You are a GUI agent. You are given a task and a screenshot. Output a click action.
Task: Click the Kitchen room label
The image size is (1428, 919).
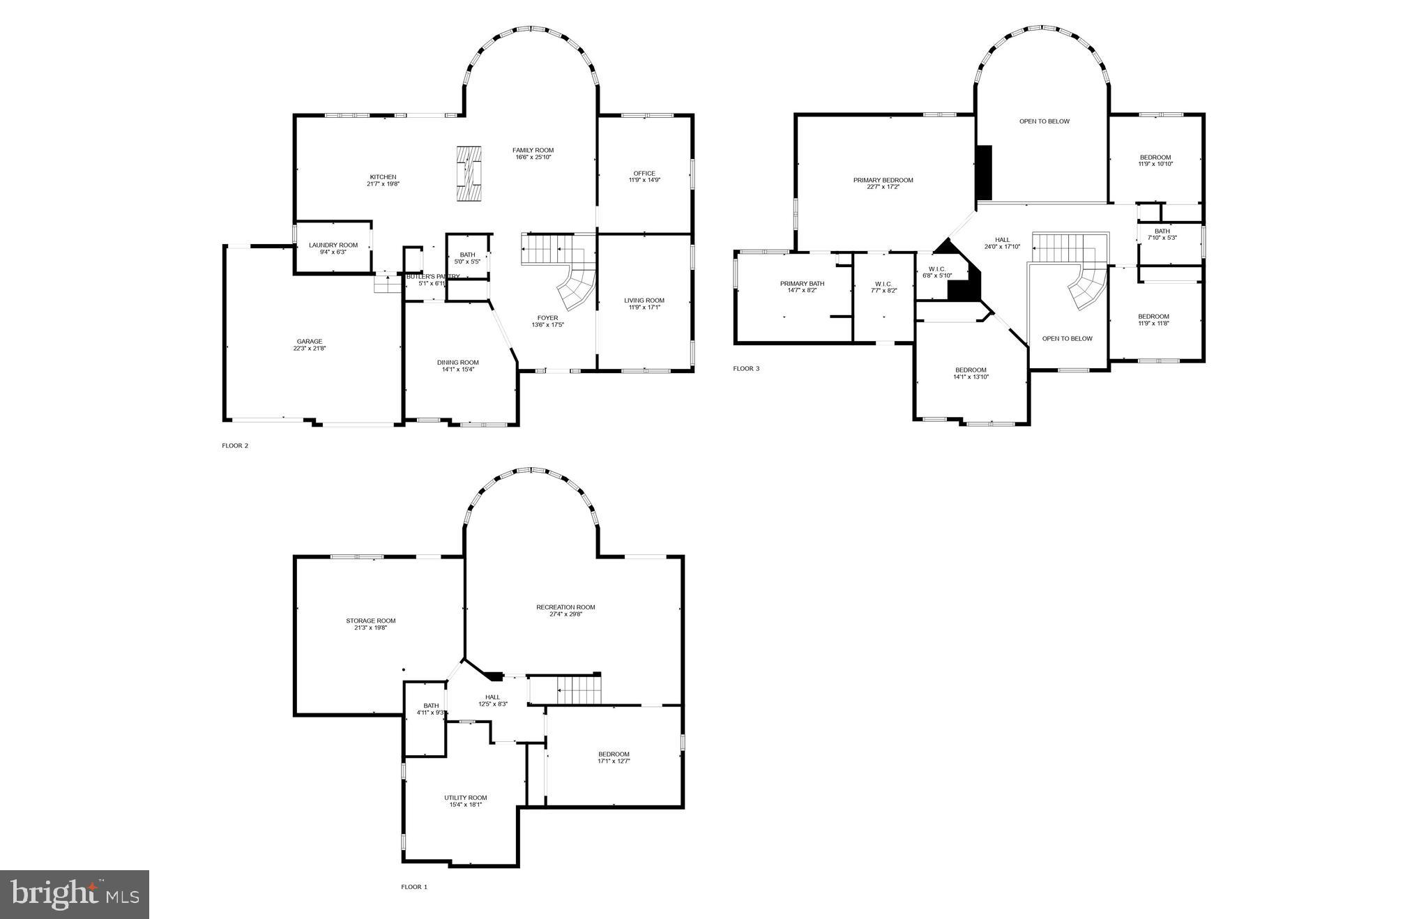coord(383,177)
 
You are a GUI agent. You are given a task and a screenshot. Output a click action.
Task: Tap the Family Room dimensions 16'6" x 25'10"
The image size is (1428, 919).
coord(533,158)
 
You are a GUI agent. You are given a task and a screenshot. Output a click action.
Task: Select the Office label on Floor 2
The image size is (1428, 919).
coord(644,174)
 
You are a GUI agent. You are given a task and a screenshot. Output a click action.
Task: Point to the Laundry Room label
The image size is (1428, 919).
coord(333,245)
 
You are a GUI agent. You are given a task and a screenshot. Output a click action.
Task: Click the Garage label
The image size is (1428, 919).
coord(309,342)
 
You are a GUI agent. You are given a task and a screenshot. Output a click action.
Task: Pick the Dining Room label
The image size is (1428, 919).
coord(457,363)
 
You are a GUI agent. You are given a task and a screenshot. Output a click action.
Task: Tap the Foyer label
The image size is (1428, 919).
coord(547,318)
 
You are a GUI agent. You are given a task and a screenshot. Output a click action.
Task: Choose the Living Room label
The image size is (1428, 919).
coord(644,301)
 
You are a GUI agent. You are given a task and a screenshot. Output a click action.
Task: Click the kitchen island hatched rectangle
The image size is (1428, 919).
coord(469,173)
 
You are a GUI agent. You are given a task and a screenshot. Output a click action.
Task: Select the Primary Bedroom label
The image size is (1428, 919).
coord(883,180)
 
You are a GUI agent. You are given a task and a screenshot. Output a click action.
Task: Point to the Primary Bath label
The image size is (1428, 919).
coord(802,284)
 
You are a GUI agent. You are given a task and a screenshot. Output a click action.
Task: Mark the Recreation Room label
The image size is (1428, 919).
coord(565,607)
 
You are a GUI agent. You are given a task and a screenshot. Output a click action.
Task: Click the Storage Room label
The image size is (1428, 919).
coord(370,621)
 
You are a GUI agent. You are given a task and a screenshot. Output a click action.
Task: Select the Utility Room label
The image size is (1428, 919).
coord(465,798)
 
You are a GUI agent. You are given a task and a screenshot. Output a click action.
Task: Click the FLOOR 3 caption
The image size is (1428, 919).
coord(746,368)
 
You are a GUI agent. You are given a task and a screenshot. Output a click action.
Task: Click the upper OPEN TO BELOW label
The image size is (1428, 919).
coord(1044,121)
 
